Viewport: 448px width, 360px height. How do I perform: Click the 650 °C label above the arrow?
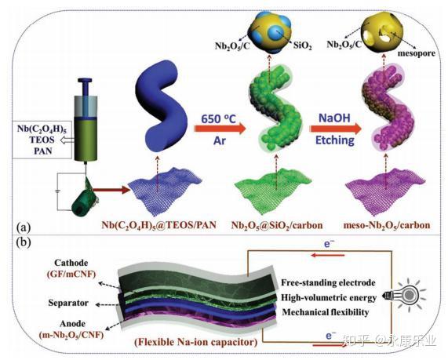pos(219,118)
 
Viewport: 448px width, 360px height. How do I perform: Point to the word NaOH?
pos(334,118)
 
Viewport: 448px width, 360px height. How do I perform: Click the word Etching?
pos(334,140)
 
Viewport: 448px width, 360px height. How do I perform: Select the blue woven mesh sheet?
pos(165,191)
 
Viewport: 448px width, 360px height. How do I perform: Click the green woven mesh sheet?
pos(273,191)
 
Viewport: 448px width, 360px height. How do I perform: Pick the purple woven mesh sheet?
pos(385,191)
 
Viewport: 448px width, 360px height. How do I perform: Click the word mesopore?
pos(417,53)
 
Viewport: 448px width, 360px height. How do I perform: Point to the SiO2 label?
pos(302,45)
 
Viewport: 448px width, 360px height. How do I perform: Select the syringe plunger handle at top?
pos(86,80)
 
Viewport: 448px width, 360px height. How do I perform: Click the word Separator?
pos(68,303)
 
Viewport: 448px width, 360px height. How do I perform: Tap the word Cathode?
pos(71,263)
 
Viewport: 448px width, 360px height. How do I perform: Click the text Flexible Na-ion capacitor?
pos(195,342)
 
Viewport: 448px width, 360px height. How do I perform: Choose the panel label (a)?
pos(24,227)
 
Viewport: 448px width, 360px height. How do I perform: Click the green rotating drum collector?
pos(83,204)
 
